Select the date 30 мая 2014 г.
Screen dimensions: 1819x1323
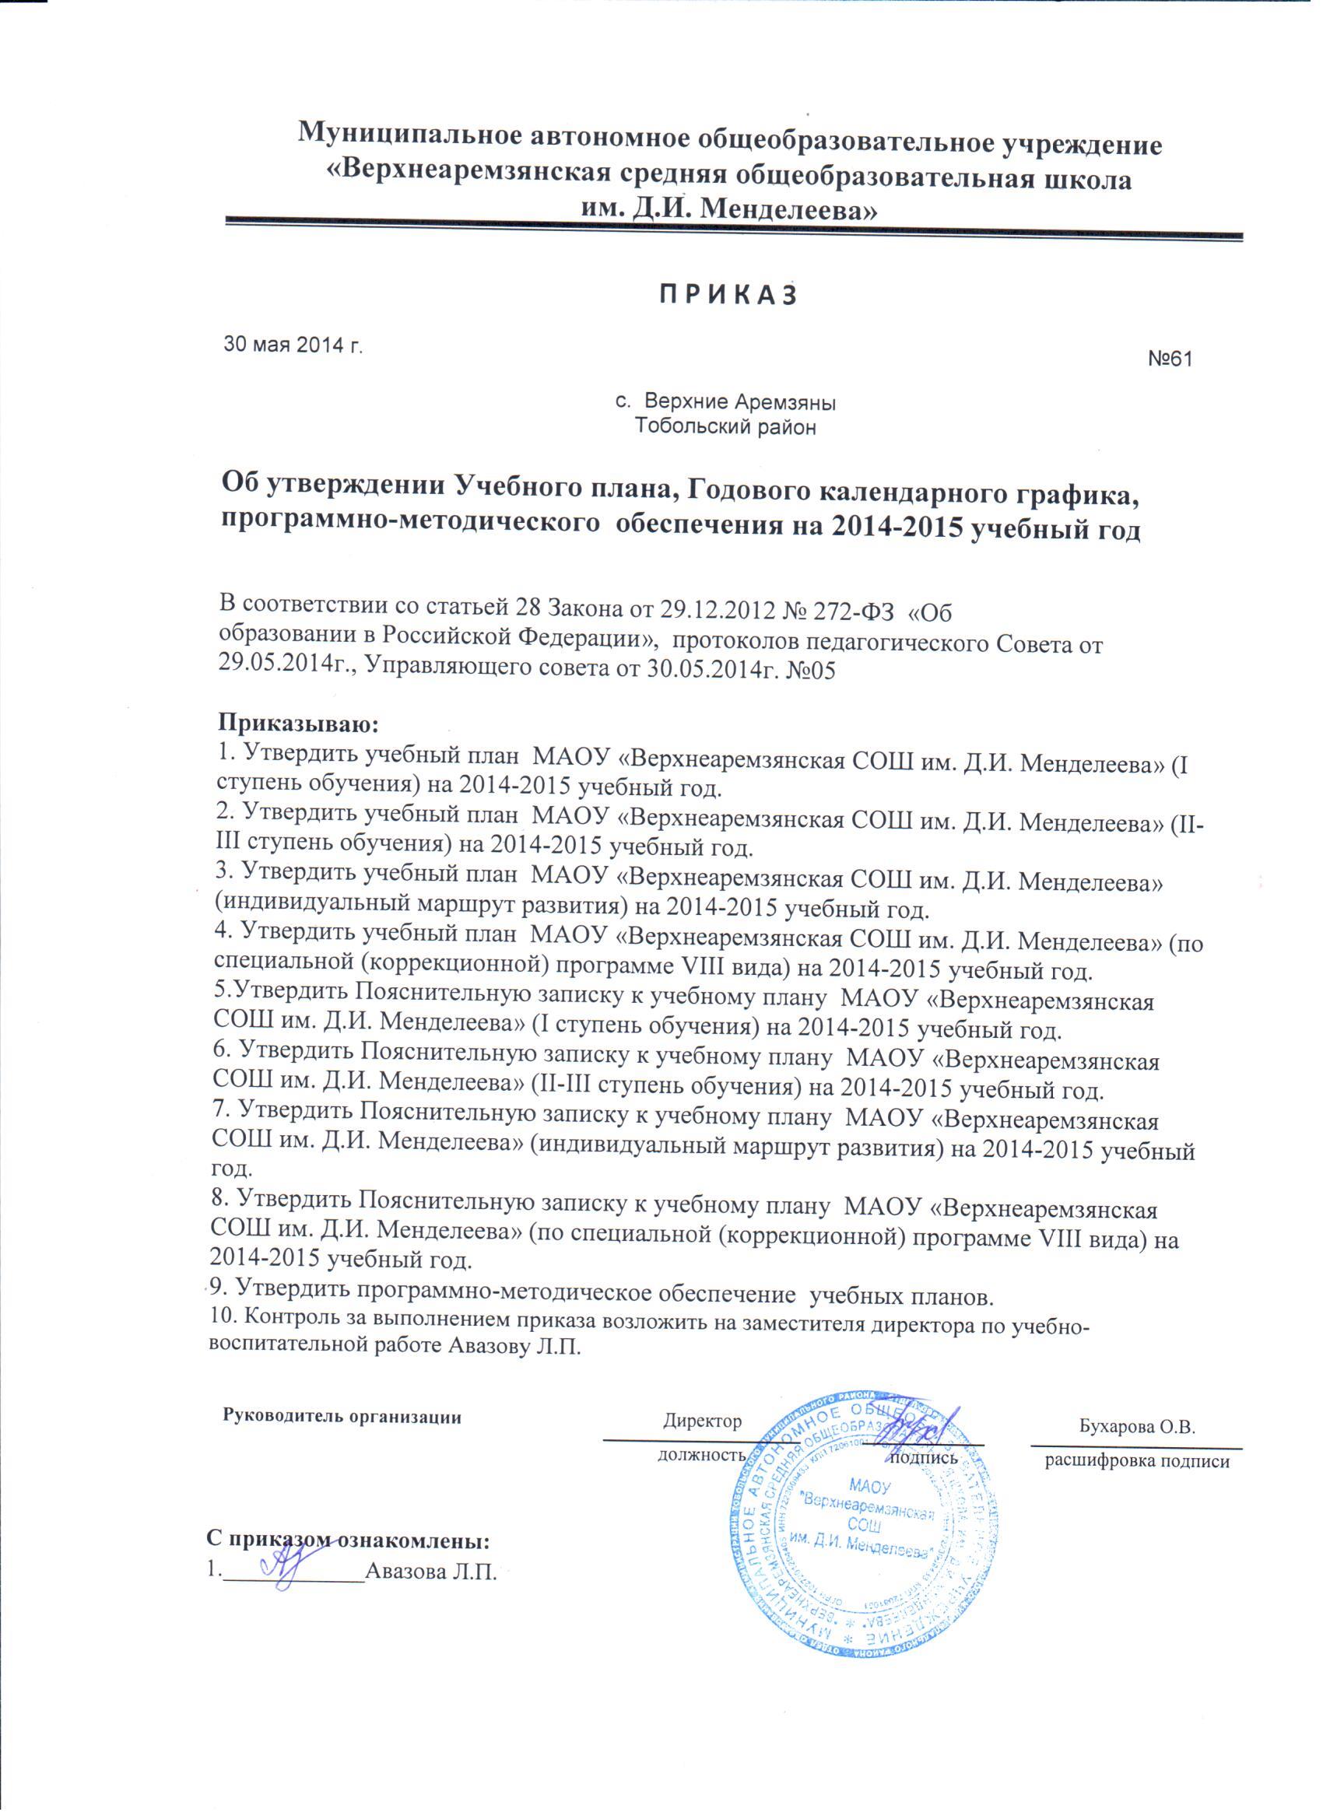tap(292, 345)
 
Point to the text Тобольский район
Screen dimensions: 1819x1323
tap(725, 426)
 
